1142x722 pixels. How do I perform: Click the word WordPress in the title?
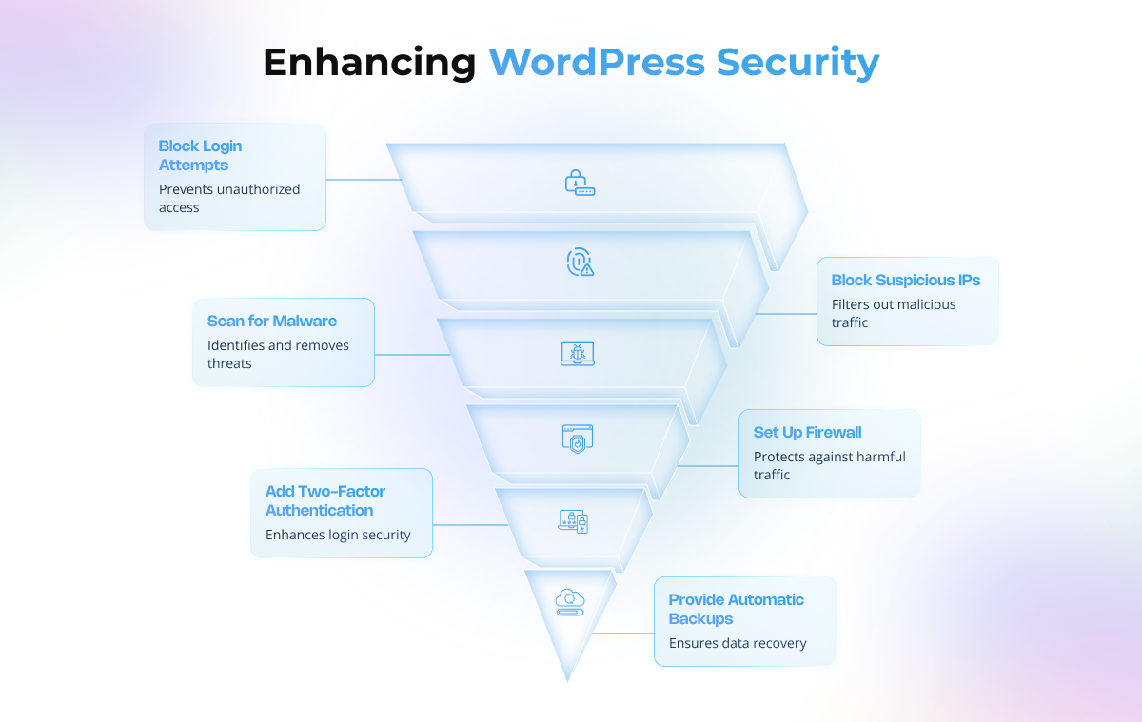(x=597, y=63)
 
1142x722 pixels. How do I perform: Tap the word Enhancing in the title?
(x=369, y=63)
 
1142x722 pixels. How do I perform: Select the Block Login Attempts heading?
(x=200, y=155)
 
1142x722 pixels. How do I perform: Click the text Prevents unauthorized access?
(x=228, y=198)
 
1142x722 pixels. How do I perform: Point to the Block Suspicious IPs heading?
(x=905, y=280)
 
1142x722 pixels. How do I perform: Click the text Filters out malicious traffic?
(x=893, y=313)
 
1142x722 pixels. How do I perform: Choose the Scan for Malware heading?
(x=271, y=321)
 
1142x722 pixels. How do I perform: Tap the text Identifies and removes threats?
(x=278, y=354)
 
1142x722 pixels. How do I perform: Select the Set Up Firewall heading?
(x=807, y=432)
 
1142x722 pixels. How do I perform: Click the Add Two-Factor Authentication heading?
(x=325, y=500)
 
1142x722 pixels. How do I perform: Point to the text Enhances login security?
(x=338, y=535)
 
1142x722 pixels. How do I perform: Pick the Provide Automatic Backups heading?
(x=736, y=609)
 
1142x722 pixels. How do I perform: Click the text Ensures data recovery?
(x=738, y=643)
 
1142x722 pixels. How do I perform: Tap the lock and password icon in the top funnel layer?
(x=580, y=183)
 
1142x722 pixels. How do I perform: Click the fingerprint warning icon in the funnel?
(x=580, y=263)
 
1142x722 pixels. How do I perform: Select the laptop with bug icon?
(x=577, y=354)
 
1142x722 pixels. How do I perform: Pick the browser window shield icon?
(x=577, y=439)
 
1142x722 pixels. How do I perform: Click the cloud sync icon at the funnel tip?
(x=569, y=602)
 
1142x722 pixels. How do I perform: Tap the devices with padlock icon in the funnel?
(x=573, y=521)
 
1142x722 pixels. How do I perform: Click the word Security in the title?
(x=797, y=63)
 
